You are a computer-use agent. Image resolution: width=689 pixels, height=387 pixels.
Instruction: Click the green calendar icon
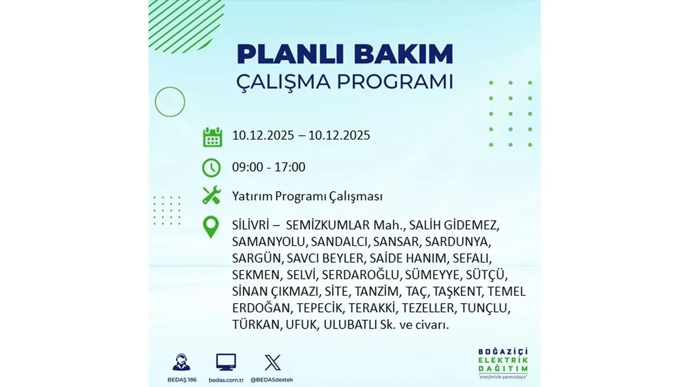point(212,137)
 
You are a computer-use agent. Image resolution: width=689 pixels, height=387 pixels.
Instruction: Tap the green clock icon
point(212,168)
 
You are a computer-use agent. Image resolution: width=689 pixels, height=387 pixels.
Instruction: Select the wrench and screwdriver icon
point(212,195)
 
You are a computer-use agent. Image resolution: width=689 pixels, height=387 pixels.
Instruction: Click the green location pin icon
point(211,227)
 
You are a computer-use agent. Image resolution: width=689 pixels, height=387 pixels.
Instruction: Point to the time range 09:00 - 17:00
point(269,167)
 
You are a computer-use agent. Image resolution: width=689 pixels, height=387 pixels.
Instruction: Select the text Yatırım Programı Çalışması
point(307,197)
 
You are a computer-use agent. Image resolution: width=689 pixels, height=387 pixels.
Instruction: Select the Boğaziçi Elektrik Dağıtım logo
point(503,363)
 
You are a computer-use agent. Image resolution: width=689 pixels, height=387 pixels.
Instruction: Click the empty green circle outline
point(170,102)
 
